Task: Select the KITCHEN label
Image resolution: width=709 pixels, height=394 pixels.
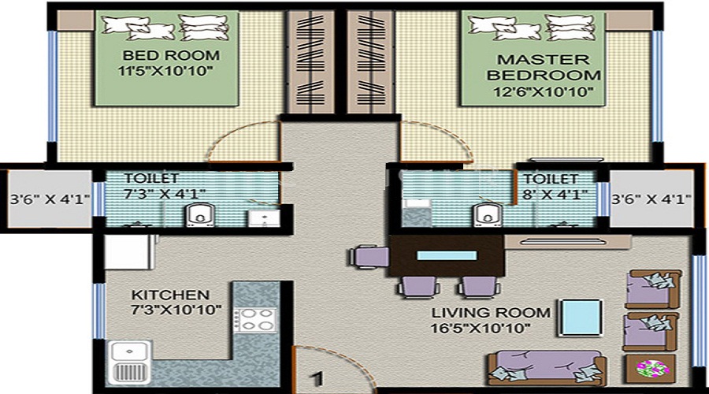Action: point(170,294)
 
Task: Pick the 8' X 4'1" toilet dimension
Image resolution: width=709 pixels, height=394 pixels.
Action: point(555,195)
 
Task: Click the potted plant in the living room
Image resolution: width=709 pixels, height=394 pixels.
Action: point(651,367)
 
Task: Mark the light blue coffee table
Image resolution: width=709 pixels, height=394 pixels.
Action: point(579,318)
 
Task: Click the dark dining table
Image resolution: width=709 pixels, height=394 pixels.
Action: point(446,255)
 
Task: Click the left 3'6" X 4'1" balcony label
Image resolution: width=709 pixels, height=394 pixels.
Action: point(46,199)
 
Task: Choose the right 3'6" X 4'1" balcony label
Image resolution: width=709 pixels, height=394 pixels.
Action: point(651,199)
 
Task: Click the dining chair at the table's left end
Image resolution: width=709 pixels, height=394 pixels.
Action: point(367,256)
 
